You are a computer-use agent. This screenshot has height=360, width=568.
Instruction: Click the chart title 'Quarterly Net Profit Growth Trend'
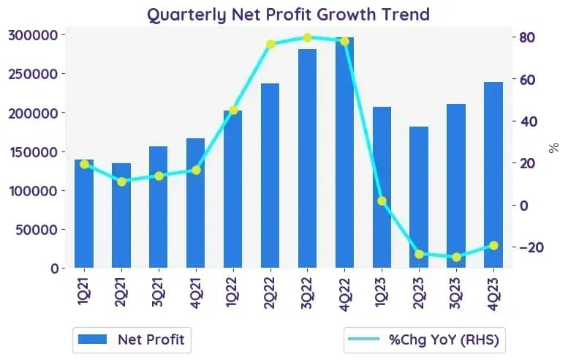[x=288, y=15]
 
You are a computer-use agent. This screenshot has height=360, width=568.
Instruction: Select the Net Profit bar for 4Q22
[x=344, y=152]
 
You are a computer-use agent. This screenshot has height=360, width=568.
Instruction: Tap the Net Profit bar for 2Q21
[x=121, y=215]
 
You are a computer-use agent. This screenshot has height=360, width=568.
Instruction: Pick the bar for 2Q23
[x=419, y=198]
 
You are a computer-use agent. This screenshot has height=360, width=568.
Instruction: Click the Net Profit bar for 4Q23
[x=493, y=175]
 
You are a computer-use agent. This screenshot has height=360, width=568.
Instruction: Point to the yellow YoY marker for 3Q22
[x=307, y=38]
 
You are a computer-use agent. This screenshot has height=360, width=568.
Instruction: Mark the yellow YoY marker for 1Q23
[x=382, y=200]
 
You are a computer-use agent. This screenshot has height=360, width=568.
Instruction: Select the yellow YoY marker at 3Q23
[x=456, y=257]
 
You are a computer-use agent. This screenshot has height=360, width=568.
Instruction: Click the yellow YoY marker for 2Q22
[x=270, y=44]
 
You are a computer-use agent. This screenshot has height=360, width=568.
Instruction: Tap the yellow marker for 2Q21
[x=121, y=181]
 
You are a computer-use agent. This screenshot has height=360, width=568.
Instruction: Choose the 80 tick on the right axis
[x=527, y=37]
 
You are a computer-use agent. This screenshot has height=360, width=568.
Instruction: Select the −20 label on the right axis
[x=531, y=247]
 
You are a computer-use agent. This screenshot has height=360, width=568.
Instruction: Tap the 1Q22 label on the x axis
[x=232, y=292]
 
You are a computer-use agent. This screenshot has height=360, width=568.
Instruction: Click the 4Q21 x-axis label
[x=195, y=293]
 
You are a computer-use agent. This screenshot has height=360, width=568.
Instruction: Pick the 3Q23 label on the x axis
[x=455, y=293]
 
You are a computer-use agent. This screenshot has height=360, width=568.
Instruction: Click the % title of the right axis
[x=553, y=148]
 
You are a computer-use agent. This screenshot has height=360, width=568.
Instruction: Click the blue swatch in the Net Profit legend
[x=93, y=340]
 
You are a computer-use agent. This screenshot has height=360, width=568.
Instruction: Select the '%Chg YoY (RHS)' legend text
[x=444, y=340]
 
